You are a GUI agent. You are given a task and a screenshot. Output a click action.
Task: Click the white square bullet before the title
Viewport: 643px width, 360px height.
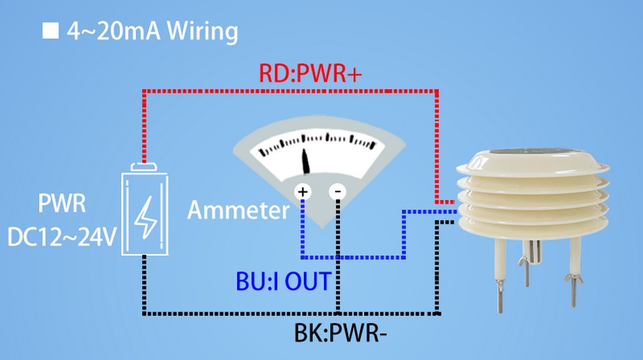pyautogui.click(x=50, y=31)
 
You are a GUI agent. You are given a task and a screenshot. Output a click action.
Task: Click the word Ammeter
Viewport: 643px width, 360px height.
pyautogui.click(x=239, y=210)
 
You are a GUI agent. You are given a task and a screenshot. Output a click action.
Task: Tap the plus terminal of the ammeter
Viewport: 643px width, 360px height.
pyautogui.click(x=303, y=191)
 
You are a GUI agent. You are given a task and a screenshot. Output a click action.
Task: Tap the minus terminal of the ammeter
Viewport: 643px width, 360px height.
pyautogui.click(x=337, y=191)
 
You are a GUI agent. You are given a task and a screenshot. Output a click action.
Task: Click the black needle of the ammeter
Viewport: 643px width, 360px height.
pyautogui.click(x=307, y=161)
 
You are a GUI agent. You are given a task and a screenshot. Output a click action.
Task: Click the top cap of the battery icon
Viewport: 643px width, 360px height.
pyautogui.click(x=145, y=167)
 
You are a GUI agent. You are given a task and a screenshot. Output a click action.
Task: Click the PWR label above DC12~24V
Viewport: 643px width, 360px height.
pyautogui.click(x=62, y=206)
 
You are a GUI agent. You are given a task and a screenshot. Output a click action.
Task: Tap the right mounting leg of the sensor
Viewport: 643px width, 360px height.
pyautogui.click(x=574, y=268)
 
